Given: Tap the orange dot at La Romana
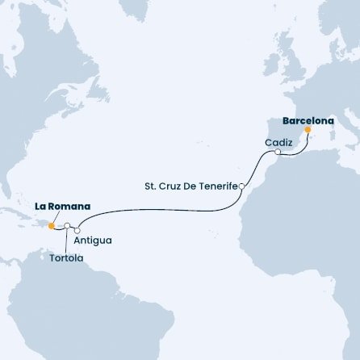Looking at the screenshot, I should [x=52, y=226].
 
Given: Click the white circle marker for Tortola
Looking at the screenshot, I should [x=68, y=226].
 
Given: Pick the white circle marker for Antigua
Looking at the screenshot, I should [x=77, y=230].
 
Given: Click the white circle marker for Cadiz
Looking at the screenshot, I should [x=277, y=152].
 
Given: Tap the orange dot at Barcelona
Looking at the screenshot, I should [x=308, y=129].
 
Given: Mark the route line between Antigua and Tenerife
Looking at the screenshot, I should [x=161, y=209].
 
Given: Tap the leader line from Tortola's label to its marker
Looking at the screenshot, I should [x=67, y=240].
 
